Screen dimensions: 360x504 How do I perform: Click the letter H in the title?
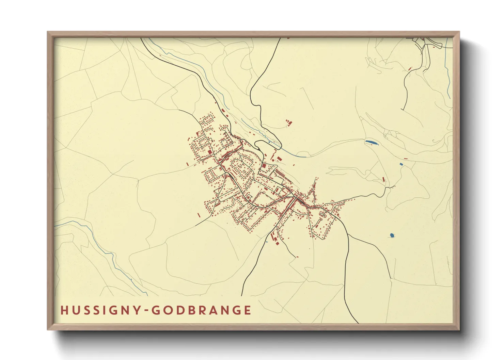click(x=64, y=310)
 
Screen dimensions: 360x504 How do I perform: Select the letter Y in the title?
click(x=137, y=310)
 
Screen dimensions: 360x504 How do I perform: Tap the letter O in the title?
click(x=167, y=310)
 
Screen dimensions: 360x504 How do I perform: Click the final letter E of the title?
click(x=248, y=310)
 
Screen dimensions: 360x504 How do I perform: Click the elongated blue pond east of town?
click(x=371, y=142)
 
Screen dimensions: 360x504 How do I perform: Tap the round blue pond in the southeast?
click(x=392, y=235)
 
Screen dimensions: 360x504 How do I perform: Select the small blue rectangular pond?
click(x=401, y=164)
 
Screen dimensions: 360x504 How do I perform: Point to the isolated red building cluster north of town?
click(x=289, y=122)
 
